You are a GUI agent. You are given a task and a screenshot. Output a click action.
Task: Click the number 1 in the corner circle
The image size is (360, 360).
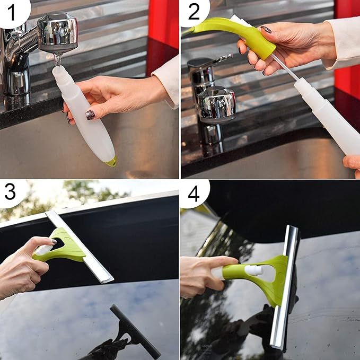[x=12, y=13]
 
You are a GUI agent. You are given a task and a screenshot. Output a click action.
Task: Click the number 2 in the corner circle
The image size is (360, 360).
[x=194, y=12]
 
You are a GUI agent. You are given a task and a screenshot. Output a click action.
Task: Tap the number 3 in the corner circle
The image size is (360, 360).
[x=10, y=192]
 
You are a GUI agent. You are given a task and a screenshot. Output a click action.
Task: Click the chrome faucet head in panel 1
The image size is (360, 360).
[x=57, y=32]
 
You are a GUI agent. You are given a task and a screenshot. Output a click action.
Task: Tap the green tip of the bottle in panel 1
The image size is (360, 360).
[x=111, y=162]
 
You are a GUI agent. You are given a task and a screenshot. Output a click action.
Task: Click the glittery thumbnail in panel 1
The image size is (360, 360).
[x=90, y=115]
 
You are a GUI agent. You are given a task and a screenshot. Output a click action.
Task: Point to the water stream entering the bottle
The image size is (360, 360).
[x=57, y=60]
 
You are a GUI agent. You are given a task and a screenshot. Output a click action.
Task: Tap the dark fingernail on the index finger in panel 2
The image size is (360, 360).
[x=266, y=29]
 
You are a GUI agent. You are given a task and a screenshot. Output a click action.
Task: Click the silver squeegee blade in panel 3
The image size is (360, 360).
[x=80, y=247]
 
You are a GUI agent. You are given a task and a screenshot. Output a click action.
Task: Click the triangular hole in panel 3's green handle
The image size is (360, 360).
[x=58, y=244]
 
